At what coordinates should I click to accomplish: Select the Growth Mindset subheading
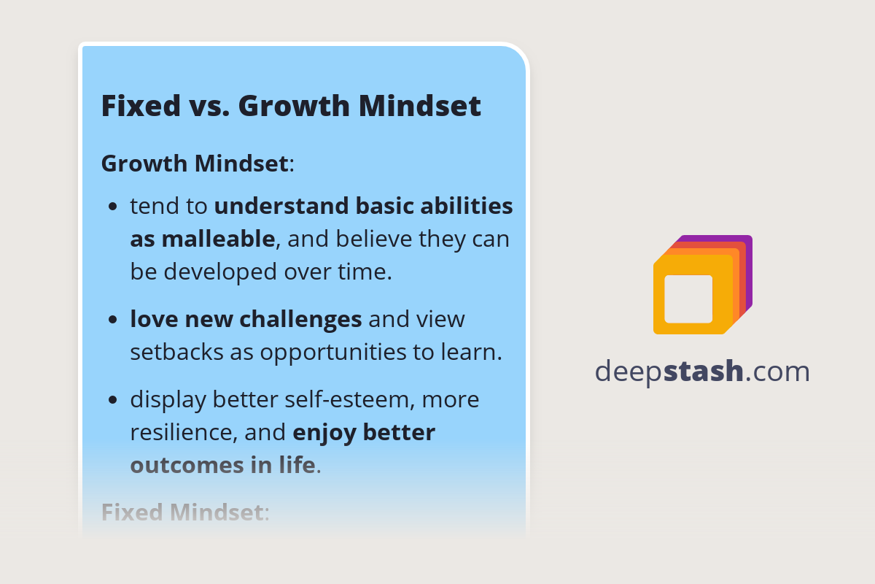tap(195, 163)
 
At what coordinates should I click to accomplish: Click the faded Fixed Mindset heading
tap(182, 512)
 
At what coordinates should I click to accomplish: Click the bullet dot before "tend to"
tap(112, 207)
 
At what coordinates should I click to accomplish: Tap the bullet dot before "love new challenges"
tap(112, 320)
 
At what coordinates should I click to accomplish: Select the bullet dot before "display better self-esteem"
tap(112, 401)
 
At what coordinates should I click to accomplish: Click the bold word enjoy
tap(324, 432)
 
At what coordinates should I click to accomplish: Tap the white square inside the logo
tap(688, 299)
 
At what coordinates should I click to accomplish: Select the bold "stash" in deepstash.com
tap(703, 372)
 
